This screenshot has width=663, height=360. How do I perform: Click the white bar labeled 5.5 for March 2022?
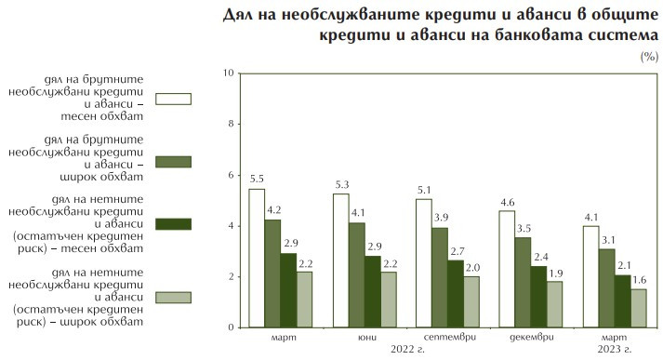point(257,258)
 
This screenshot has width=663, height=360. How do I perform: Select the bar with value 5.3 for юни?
point(341,260)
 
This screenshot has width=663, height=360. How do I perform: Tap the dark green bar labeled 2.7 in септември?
point(456,293)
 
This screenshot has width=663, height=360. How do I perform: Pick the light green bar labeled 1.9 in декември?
point(555,304)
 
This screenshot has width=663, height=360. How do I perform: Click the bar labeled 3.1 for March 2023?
point(606,288)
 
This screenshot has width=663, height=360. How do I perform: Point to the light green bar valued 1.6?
point(640,308)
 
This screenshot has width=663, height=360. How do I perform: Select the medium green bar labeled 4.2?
point(273,273)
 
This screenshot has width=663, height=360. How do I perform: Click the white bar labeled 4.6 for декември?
point(507,269)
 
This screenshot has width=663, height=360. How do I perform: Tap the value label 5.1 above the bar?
point(423,190)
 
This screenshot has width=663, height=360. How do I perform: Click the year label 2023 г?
point(614,349)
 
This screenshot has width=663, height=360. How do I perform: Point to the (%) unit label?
point(648,58)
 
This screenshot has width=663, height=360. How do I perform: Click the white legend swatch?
point(174,98)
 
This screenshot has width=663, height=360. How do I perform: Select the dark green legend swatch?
point(174,223)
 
